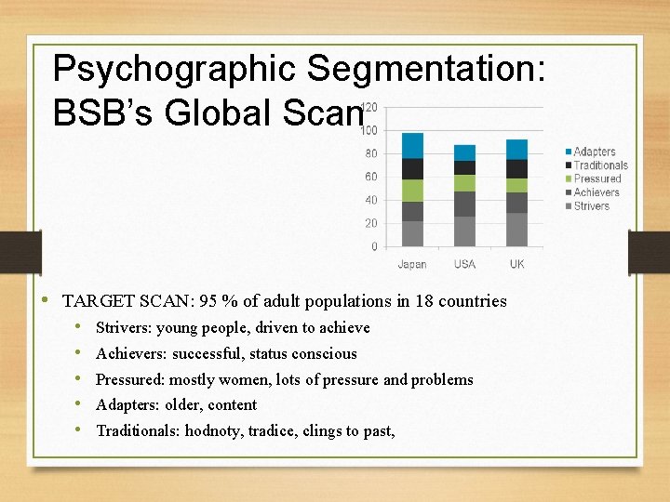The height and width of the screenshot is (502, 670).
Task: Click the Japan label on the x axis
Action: [412, 265]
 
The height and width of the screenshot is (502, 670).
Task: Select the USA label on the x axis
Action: [464, 265]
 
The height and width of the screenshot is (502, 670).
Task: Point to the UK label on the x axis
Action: [516, 265]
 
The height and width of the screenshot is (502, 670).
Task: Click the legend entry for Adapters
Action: [594, 152]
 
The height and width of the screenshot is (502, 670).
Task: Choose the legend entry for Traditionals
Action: [600, 165]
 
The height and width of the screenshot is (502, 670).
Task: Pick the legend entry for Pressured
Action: [596, 178]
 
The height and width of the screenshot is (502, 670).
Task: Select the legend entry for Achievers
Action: [596, 192]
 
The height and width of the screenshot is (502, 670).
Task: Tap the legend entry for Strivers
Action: [591, 205]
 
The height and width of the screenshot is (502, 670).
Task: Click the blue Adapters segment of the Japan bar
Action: [412, 145]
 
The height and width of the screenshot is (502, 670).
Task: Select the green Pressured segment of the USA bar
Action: [464, 183]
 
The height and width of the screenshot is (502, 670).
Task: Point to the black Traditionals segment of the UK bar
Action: [516, 168]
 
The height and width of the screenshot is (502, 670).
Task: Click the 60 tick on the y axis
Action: [370, 177]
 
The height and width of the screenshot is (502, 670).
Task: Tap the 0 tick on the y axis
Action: [374, 246]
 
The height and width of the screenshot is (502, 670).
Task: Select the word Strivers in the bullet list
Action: [124, 328]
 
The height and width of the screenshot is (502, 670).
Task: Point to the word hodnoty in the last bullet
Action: [211, 430]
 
